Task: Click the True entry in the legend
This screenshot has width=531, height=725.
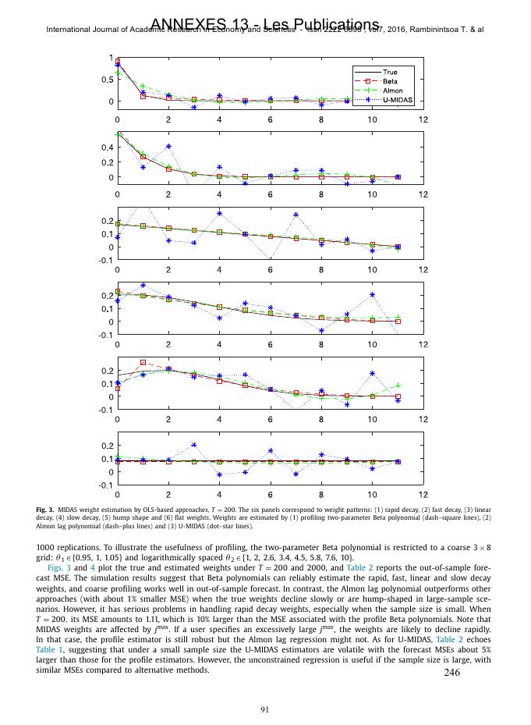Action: click(390, 72)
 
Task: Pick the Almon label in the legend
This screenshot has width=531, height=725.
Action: click(393, 91)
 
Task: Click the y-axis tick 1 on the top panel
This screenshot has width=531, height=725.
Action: click(110, 58)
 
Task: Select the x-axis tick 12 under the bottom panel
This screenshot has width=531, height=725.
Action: click(423, 494)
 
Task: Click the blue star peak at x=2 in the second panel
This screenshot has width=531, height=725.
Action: click(168, 147)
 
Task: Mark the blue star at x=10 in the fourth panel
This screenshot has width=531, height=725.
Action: click(372, 295)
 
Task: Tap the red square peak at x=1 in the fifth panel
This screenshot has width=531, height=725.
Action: click(143, 363)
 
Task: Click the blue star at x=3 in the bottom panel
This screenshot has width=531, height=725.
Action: click(194, 445)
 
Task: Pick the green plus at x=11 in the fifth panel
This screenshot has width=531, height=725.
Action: click(398, 386)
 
